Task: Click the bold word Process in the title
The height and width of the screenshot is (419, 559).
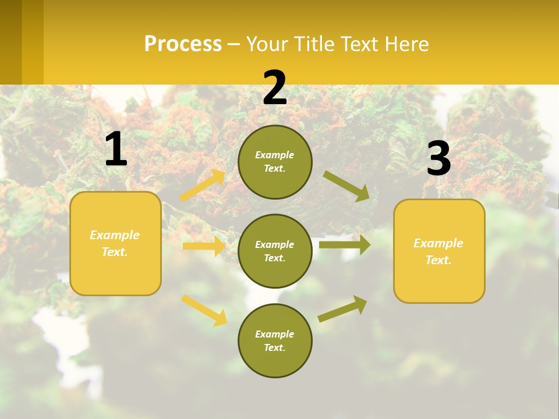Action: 183,44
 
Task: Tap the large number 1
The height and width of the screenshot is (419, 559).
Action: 116,150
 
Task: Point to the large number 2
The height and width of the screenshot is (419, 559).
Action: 275,88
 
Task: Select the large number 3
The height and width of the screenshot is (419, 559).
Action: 438,158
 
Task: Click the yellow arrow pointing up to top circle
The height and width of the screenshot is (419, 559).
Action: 203,186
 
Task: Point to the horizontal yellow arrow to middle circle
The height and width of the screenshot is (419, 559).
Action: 204,246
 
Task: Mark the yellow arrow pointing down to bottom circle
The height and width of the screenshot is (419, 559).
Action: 204,310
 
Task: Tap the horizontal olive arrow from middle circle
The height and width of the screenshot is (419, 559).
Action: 345,245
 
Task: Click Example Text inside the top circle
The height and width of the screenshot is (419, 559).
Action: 275,162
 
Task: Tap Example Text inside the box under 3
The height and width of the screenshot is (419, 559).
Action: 438,251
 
